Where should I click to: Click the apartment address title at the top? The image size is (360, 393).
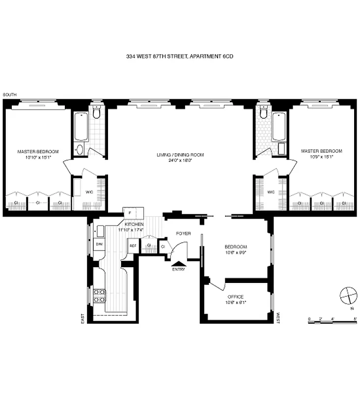point(179,56)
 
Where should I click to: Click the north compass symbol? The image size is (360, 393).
point(348,296)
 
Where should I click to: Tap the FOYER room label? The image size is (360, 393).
point(183,233)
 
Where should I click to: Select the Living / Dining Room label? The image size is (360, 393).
point(180,155)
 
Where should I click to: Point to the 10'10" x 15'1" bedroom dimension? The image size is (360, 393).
point(38,157)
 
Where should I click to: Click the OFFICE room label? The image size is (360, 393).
point(235,297)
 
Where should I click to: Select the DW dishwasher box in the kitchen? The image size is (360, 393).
point(99,244)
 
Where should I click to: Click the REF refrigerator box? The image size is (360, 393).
point(133,246)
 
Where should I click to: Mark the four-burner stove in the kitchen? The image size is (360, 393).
point(99,295)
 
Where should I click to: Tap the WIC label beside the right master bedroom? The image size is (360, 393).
point(271,192)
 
